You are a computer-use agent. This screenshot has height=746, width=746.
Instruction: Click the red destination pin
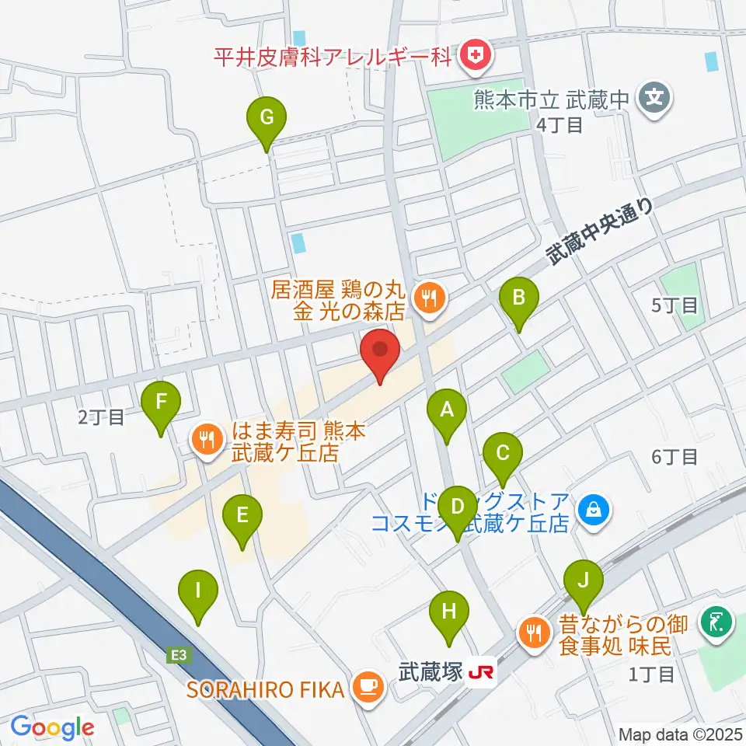(380, 354)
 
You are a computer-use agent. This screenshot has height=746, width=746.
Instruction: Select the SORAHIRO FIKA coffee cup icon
(368, 686)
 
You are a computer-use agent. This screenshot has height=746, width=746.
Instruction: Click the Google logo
(52, 727)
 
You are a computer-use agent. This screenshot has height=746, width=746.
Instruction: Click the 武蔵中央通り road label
(599, 230)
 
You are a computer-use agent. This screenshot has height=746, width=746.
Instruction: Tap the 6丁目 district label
(675, 457)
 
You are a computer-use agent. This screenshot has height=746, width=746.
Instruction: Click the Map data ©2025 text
(679, 734)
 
